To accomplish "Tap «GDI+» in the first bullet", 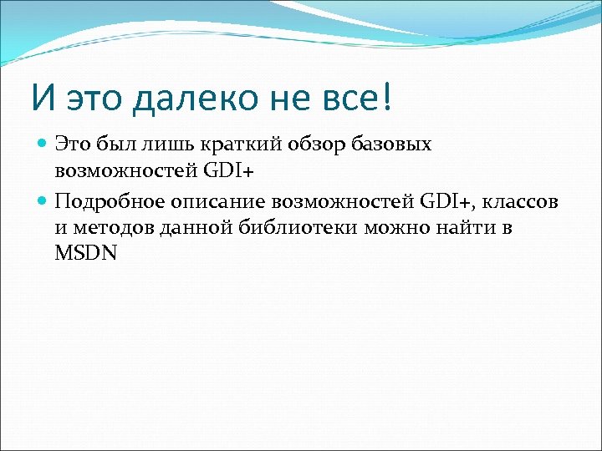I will coord(229,172).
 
